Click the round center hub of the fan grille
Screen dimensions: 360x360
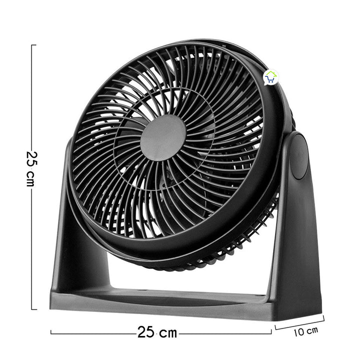pos(163,138)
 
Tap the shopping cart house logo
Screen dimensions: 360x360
pos(270,76)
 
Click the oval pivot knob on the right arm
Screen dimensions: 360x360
pos(299,155)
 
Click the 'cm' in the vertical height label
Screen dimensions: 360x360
pos(31,179)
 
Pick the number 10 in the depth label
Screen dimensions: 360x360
pos(298,331)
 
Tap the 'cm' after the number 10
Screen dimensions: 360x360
pos(312,330)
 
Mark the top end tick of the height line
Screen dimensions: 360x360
pos(33,45)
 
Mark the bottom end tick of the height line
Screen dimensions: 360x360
pos(33,309)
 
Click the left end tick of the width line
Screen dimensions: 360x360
pos(51,332)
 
